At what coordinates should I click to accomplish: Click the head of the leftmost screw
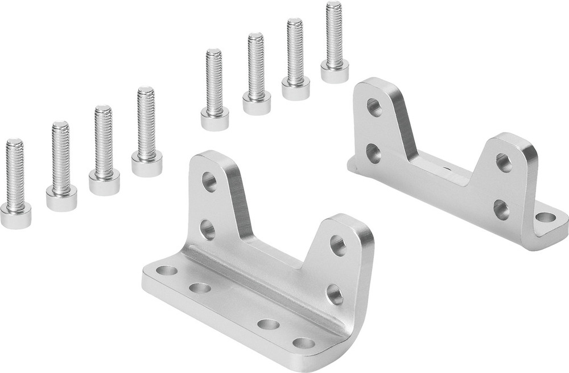click(x=15, y=216)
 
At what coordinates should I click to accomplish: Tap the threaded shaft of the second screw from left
click(x=60, y=154)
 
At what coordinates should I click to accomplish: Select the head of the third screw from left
click(x=104, y=183)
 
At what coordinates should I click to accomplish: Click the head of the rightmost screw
click(x=335, y=72)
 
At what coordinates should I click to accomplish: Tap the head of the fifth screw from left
click(x=215, y=118)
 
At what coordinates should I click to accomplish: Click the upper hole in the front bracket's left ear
click(x=209, y=182)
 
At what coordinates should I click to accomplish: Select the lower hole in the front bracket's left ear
click(x=208, y=229)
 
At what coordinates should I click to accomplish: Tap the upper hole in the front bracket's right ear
click(x=337, y=245)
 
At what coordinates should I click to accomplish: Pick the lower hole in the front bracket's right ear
click(x=335, y=294)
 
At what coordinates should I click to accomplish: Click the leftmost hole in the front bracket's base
click(x=166, y=270)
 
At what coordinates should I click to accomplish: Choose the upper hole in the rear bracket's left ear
click(x=374, y=107)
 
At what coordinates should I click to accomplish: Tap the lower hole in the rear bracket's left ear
click(x=373, y=153)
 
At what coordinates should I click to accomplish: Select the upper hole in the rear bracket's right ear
click(x=504, y=162)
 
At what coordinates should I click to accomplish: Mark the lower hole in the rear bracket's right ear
click(x=501, y=210)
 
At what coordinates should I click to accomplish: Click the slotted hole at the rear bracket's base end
click(x=546, y=217)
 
